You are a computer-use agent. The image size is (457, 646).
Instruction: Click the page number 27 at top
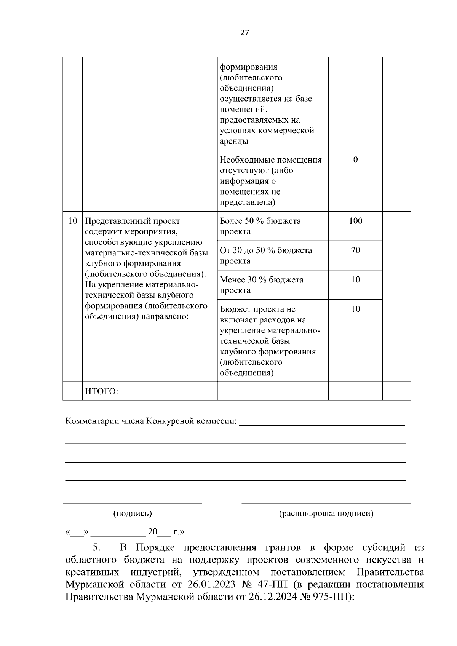point(244,33)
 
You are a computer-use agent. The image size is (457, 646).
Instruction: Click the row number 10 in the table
point(72,221)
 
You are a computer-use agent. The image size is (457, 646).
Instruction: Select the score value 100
point(355,221)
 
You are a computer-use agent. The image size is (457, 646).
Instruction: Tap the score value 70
point(355,250)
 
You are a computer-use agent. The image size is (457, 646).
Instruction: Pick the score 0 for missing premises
point(355,160)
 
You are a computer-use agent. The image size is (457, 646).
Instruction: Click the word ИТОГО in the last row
point(101,392)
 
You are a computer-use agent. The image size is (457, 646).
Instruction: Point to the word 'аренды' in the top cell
point(234,141)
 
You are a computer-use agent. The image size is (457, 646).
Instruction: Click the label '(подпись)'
point(133,514)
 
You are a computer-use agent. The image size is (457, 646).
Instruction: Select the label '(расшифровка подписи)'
point(326,514)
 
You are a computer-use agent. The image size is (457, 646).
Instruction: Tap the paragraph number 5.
point(96,548)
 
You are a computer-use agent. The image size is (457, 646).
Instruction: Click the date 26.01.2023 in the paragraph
point(210,585)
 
